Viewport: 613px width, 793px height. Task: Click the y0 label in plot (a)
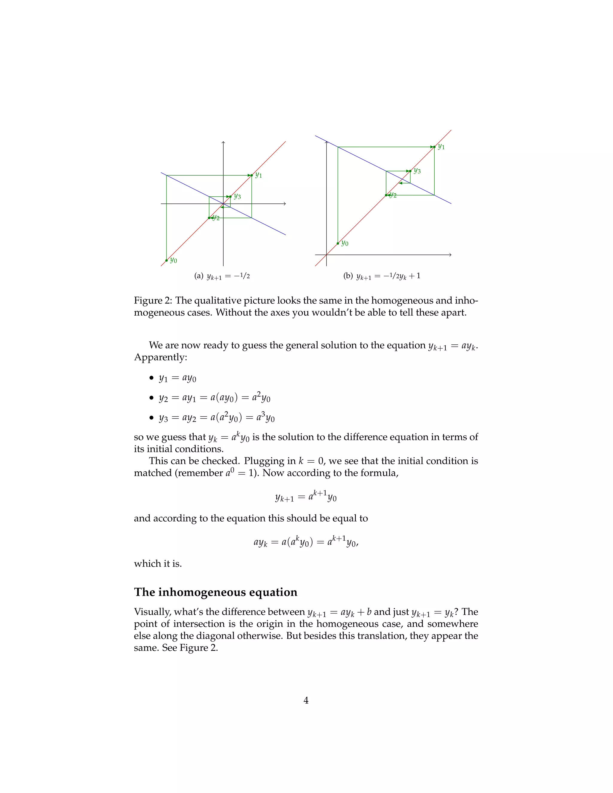[174, 261]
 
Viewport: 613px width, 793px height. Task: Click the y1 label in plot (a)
[259, 175]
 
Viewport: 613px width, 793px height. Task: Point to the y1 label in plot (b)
[441, 147]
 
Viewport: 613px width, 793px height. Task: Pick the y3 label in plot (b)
[417, 171]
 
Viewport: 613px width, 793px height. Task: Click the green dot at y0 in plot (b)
[338, 243]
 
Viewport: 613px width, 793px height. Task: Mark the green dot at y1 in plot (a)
[251, 175]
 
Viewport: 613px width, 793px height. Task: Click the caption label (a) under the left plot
[199, 276]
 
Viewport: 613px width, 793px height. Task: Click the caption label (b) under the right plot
[348, 276]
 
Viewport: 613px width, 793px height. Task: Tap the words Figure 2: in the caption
[153, 301]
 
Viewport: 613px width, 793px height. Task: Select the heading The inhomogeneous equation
[215, 592]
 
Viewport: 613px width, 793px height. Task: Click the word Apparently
[160, 358]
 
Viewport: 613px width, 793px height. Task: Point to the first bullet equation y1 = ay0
[177, 378]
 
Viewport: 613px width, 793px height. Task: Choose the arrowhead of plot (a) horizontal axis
[285, 204]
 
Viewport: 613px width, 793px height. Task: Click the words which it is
[158, 563]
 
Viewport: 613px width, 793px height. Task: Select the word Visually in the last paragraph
[152, 612]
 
